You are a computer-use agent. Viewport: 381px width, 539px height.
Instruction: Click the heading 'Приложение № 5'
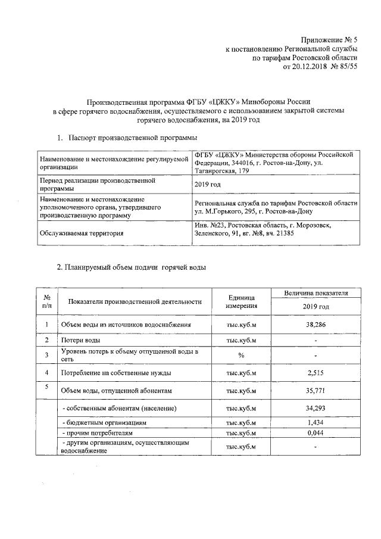[x=329, y=39]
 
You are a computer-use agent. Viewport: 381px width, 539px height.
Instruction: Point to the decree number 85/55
[x=348, y=67]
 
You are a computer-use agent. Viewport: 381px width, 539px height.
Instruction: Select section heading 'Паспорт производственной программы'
[x=132, y=138]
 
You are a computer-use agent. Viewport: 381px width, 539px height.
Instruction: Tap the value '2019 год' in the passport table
[x=208, y=184]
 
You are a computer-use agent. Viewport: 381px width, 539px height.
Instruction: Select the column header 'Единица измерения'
[x=241, y=301]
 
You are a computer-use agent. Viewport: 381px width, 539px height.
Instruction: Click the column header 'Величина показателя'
[x=316, y=294]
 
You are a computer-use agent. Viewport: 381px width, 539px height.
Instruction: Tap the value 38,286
[x=316, y=325]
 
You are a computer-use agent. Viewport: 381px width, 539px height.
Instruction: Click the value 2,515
[x=316, y=373]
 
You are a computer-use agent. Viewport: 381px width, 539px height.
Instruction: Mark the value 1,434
[x=316, y=422]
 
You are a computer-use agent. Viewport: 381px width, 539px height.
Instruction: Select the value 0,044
[x=316, y=433]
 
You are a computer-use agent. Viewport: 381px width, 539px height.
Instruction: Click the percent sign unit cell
[x=241, y=356]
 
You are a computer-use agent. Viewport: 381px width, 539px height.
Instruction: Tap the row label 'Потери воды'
[x=80, y=340]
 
